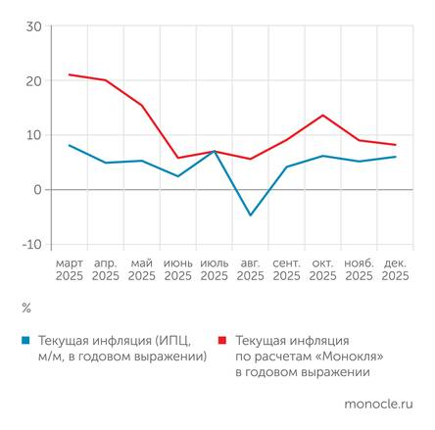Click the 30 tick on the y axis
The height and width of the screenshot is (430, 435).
(34, 26)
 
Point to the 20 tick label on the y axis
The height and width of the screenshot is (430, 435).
(34, 80)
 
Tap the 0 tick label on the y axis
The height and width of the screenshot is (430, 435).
(38, 190)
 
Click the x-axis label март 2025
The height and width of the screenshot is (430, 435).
(69, 269)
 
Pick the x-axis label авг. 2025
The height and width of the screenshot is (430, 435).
(250, 269)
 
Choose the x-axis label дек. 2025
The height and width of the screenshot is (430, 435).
(395, 269)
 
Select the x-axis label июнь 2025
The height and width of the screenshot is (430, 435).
(177, 269)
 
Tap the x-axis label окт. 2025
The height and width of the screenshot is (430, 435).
(322, 269)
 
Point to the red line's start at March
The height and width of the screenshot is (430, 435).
(69, 74)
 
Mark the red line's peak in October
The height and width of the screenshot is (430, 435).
(322, 115)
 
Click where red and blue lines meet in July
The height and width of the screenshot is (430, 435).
(214, 151)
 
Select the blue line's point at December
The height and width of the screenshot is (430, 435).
(395, 157)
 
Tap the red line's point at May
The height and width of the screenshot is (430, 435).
(141, 105)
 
